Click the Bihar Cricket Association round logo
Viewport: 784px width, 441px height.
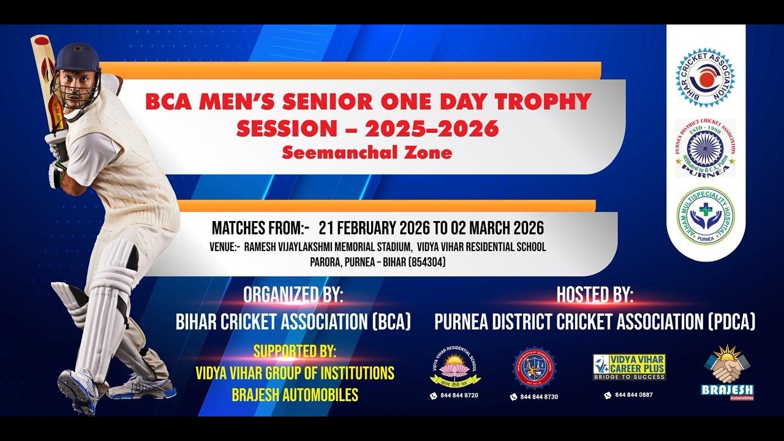[x=705, y=78]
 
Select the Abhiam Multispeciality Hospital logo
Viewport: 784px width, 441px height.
[x=705, y=216]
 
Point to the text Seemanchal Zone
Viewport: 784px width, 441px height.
[x=367, y=153]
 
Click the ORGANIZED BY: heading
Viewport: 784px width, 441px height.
[x=293, y=295]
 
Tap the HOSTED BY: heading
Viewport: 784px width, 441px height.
[x=594, y=295]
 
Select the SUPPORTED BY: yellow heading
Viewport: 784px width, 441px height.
[x=295, y=352]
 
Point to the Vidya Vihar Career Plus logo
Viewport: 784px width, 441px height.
[x=629, y=366]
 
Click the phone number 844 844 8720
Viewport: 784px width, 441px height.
[x=459, y=396]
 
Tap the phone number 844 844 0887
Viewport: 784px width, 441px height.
[x=633, y=395]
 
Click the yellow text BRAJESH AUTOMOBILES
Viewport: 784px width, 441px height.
[x=295, y=395]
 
